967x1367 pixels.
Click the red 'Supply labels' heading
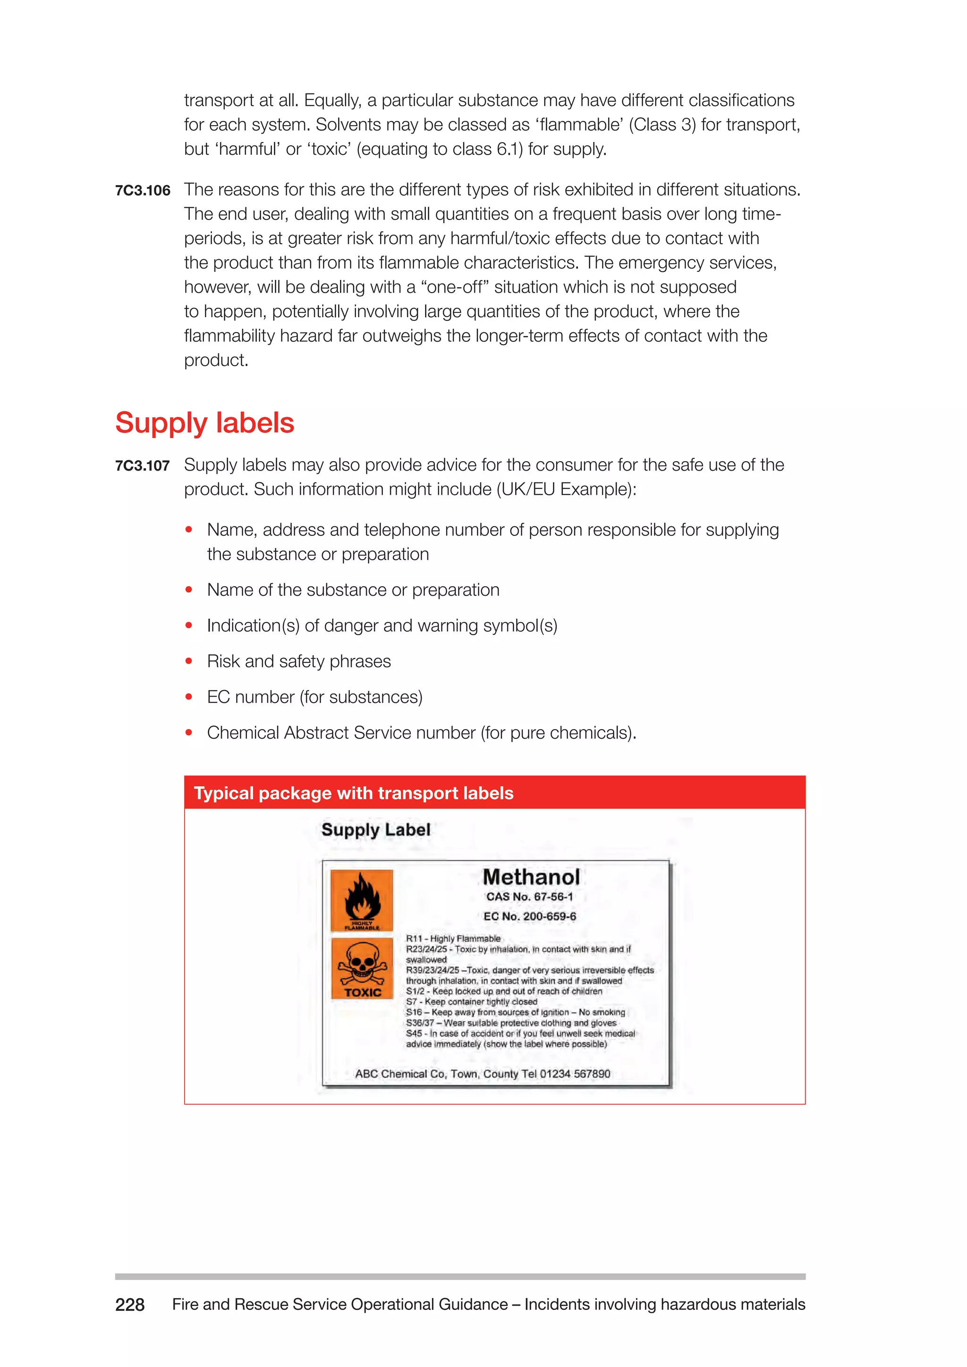tap(204, 423)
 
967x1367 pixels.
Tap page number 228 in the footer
tap(130, 1305)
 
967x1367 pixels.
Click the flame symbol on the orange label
tap(361, 897)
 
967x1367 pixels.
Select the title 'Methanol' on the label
tap(531, 877)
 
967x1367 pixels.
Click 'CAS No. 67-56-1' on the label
tap(529, 897)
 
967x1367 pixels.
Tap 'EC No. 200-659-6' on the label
tap(529, 916)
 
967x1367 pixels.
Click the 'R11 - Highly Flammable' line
tap(453, 938)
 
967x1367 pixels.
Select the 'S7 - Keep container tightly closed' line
tap(471, 1002)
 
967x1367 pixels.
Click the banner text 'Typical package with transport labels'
tap(353, 793)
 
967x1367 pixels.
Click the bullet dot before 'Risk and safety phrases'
tap(189, 661)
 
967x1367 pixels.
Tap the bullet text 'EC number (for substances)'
tap(314, 697)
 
